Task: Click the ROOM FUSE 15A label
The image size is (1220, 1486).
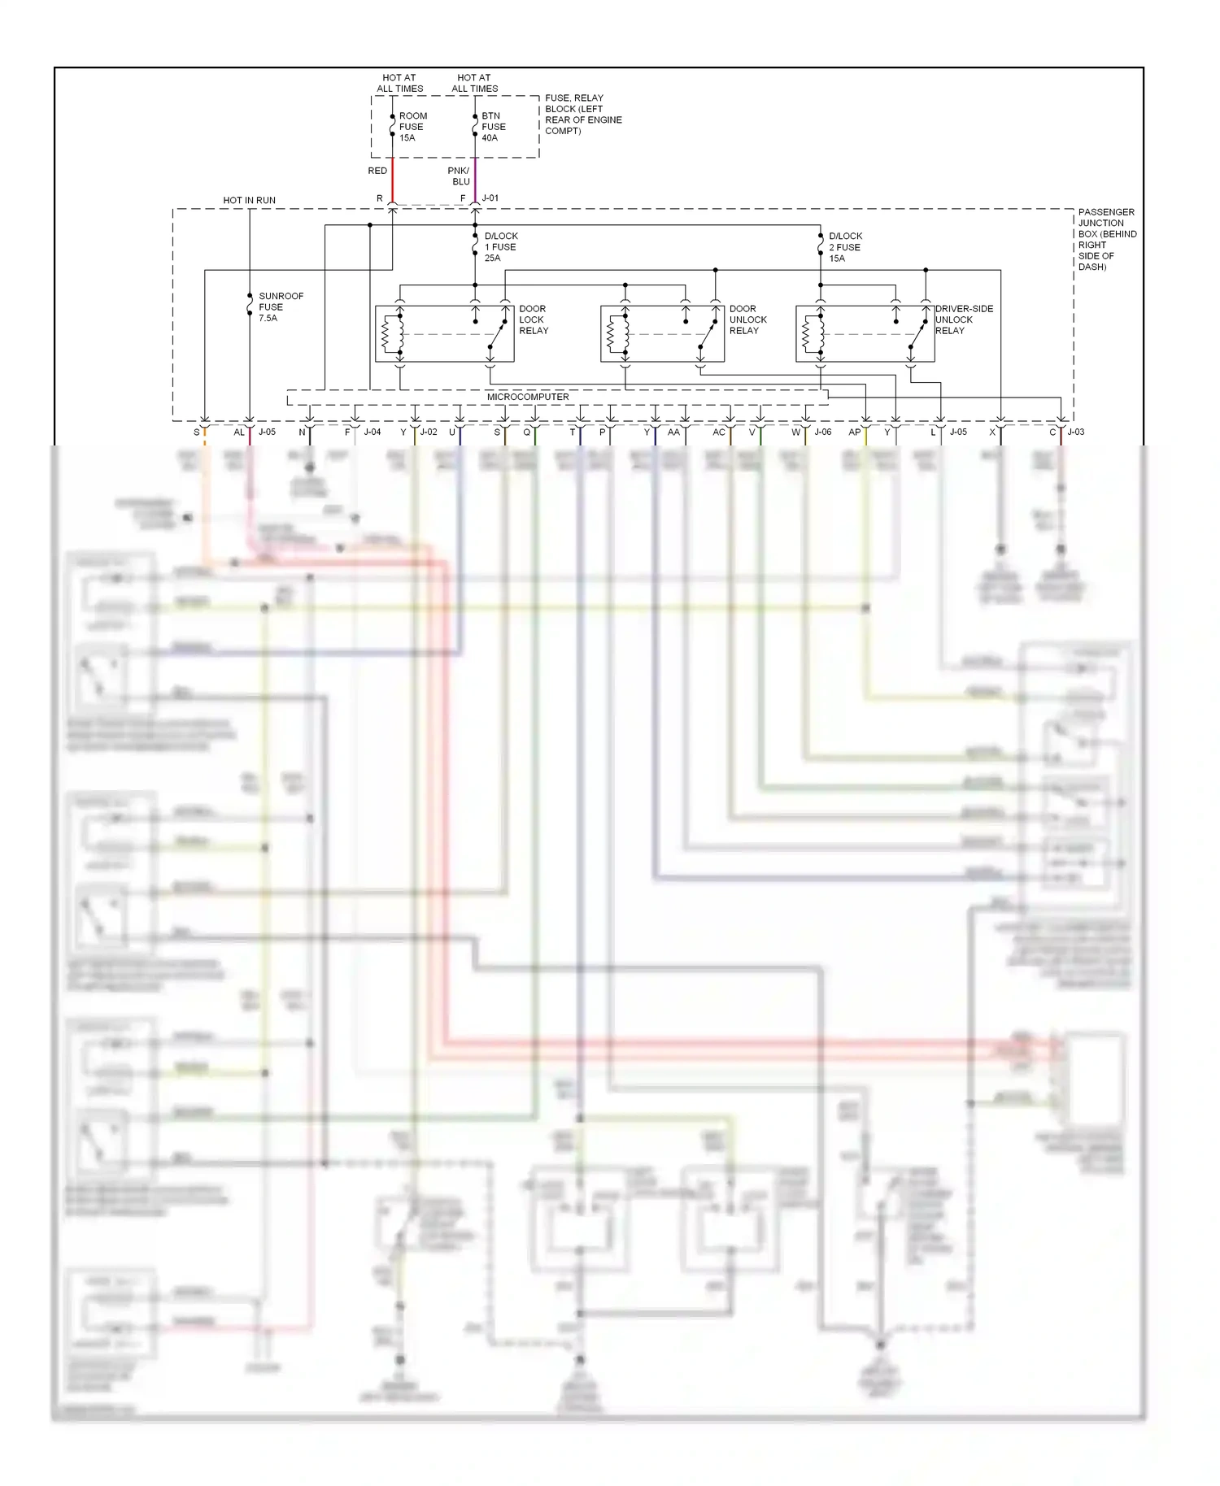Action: tap(412, 127)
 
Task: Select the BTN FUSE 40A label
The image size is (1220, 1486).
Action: tap(493, 127)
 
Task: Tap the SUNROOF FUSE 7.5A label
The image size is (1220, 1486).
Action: tap(281, 307)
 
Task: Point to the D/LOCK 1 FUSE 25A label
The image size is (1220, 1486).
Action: tap(500, 247)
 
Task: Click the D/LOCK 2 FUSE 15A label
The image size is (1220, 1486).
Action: tap(845, 247)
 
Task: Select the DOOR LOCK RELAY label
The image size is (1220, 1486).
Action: tap(534, 319)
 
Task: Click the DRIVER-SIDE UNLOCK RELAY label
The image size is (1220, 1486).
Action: tap(964, 319)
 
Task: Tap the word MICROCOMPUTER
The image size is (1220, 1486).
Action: tap(528, 397)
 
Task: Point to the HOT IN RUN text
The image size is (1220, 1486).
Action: tap(249, 200)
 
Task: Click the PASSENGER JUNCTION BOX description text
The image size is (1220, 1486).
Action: tap(1106, 239)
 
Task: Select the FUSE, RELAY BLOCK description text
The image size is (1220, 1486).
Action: tap(582, 115)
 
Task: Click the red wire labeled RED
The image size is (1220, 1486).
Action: tap(393, 180)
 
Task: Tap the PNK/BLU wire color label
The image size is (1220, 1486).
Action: tap(460, 176)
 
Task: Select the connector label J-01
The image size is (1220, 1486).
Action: tap(490, 198)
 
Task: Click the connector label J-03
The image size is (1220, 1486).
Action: tap(1076, 432)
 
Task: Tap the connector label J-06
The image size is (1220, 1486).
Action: tap(823, 432)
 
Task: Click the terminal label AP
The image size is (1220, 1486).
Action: tap(854, 432)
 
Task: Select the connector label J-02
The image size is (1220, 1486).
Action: tap(429, 432)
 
